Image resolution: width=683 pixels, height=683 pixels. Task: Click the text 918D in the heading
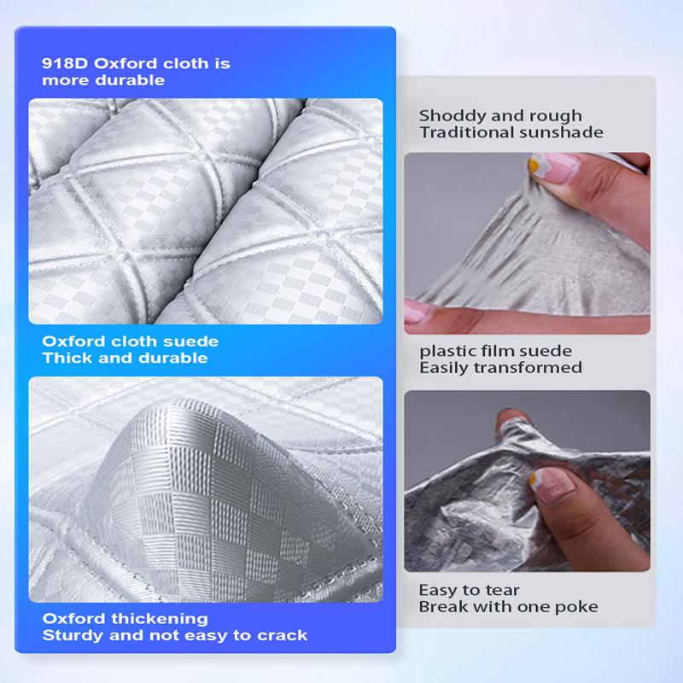tap(62, 64)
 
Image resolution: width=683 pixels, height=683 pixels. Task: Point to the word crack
tap(284, 635)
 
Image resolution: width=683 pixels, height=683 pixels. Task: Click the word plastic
tap(445, 351)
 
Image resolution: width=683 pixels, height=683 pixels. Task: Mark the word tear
tap(503, 590)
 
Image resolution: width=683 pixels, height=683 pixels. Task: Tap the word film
tap(496, 351)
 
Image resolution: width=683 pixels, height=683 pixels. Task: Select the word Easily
tap(443, 368)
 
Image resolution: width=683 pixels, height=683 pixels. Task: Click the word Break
tap(441, 607)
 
